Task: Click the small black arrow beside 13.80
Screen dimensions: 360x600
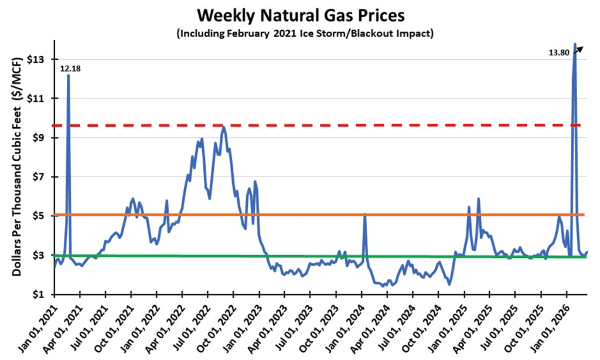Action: point(579,50)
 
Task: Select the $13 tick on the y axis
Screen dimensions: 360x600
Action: point(36,60)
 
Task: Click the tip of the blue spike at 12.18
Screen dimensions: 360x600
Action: point(69,75)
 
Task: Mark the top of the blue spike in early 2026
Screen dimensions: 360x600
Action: point(575,43)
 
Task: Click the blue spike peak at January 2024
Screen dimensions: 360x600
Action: point(364,215)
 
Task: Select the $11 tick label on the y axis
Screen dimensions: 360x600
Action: point(36,99)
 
